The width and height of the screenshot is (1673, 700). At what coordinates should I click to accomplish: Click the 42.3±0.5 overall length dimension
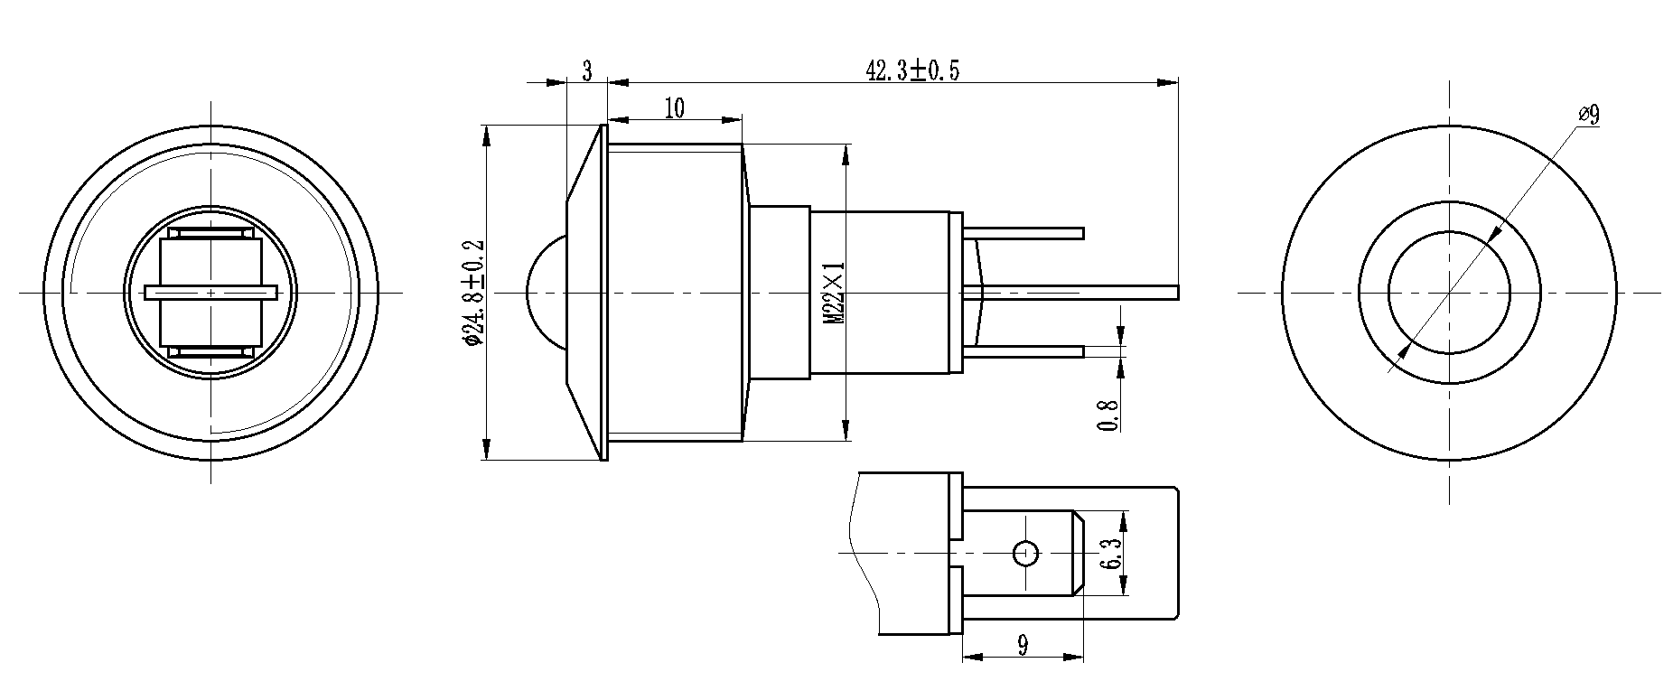pos(911,70)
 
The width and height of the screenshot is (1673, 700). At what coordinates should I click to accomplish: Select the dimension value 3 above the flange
pos(586,71)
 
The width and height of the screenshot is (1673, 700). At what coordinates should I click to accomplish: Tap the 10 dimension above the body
pos(674,108)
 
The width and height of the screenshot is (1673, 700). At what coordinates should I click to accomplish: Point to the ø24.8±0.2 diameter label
pos(473,293)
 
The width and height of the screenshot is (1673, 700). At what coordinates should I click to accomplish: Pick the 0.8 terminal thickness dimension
pos(1110,415)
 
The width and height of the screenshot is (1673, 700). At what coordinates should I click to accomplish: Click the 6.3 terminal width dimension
pos(1110,553)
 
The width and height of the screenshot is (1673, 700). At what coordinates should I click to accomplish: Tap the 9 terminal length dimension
pos(1022,645)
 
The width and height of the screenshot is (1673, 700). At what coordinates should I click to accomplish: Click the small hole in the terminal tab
pos(1024,552)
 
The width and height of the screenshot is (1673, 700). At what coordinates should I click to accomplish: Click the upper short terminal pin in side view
pos(1030,233)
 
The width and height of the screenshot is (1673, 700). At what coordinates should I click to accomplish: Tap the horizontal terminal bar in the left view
pos(210,293)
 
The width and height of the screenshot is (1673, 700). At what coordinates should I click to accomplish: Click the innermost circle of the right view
pos(1449,292)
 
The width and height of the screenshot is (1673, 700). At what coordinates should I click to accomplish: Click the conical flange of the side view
pos(585,292)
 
